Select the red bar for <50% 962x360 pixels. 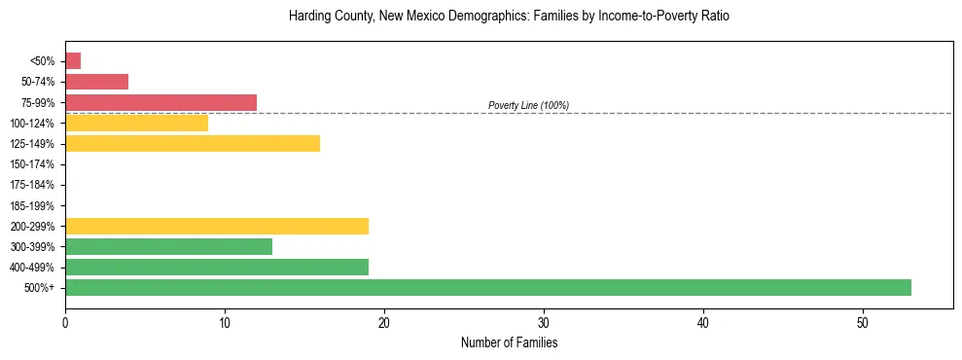73,61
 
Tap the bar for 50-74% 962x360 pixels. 96,82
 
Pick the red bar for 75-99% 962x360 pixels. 160,102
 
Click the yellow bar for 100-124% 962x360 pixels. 136,123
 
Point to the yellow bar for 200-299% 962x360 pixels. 217,226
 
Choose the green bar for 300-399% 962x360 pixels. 168,246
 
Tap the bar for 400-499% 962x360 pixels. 217,267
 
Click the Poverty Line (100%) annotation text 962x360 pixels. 528,105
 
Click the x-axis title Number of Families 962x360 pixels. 509,342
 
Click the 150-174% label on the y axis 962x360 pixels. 32,164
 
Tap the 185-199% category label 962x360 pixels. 32,205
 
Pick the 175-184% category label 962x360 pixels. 32,185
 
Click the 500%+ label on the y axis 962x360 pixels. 41,288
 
